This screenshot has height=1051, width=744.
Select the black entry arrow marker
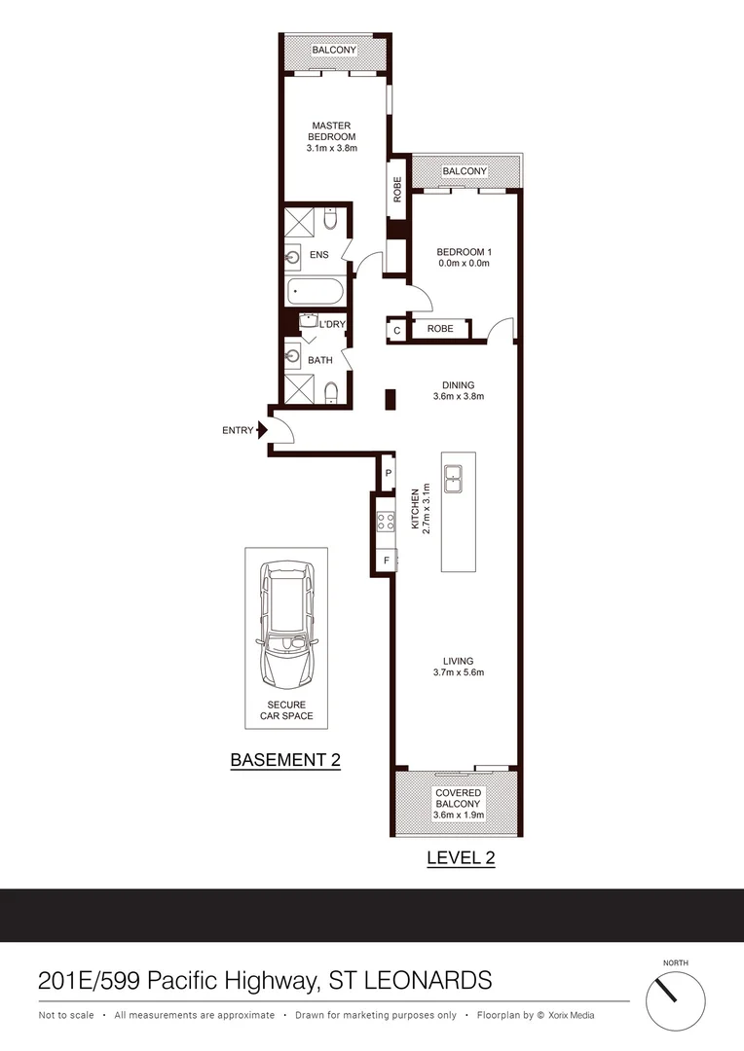pyautogui.click(x=262, y=429)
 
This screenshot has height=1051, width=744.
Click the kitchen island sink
pyautogui.click(x=454, y=479)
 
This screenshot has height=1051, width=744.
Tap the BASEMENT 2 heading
pyautogui.click(x=284, y=760)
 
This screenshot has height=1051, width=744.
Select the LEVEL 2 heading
pyautogui.click(x=461, y=857)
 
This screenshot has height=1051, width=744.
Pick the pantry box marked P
pyautogui.click(x=388, y=474)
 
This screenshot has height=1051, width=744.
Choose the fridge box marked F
pyautogui.click(x=387, y=561)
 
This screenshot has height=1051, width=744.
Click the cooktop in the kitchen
pyautogui.click(x=386, y=521)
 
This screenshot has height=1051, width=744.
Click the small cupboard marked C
pyautogui.click(x=396, y=330)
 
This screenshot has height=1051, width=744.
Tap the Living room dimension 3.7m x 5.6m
pyautogui.click(x=458, y=672)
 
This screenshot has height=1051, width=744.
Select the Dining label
pyautogui.click(x=458, y=383)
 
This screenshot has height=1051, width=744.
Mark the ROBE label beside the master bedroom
pyautogui.click(x=397, y=188)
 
